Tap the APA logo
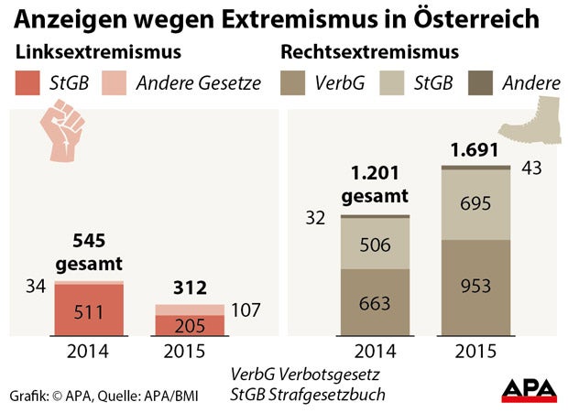pyautogui.click(x=529, y=388)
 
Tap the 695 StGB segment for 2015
pyautogui.click(x=475, y=204)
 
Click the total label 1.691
pyautogui.click(x=475, y=149)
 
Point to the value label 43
pyautogui.click(x=533, y=168)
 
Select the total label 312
pyautogui.click(x=189, y=288)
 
